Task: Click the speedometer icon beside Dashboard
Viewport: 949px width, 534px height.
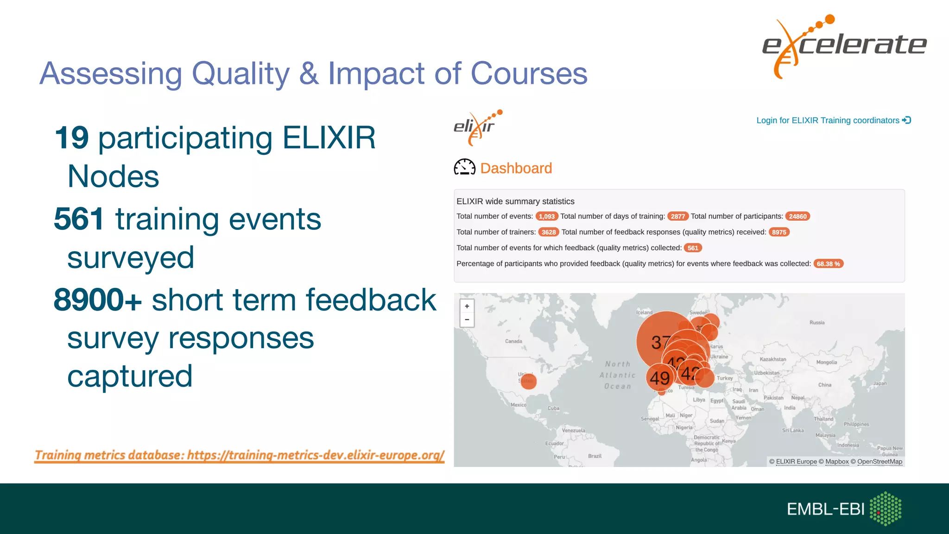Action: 464,167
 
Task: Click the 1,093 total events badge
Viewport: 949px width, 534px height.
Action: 546,216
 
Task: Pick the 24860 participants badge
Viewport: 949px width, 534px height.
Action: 797,216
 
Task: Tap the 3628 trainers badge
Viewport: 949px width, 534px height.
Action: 548,232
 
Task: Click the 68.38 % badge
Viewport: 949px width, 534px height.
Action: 828,264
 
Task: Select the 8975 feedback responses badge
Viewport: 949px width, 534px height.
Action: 778,232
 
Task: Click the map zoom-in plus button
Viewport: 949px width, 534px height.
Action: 467,306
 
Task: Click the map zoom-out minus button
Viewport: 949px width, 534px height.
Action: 467,320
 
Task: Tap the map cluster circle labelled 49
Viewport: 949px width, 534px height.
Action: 659,378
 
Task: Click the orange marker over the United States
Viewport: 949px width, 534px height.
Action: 528,381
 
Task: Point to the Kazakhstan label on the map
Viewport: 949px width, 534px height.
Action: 772,359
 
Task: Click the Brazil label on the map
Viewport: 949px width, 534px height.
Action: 595,456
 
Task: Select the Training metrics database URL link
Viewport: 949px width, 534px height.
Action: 240,455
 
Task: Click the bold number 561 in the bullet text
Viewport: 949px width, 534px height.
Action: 79,219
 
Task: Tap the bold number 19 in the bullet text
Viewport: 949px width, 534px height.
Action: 71,138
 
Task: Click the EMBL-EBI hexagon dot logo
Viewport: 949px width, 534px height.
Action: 885,509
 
